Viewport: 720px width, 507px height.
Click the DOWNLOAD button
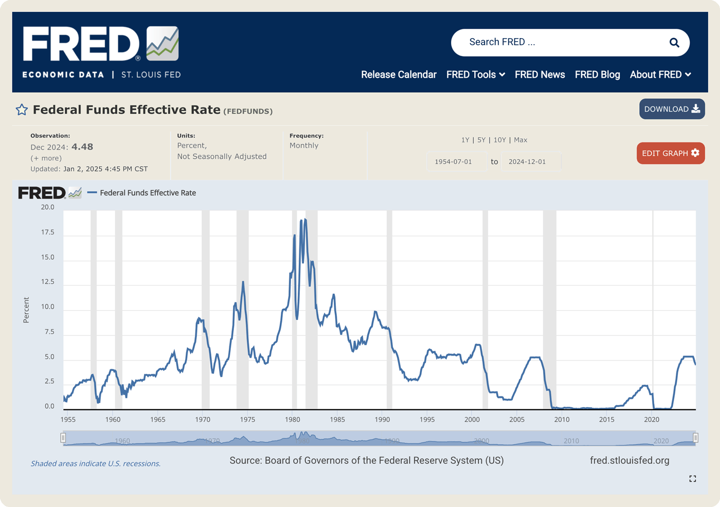click(x=672, y=109)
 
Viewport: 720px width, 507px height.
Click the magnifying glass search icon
click(x=674, y=43)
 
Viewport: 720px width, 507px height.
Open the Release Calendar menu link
click(x=399, y=75)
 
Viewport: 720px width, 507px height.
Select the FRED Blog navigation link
click(x=597, y=75)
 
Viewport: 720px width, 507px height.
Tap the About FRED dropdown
click(x=660, y=75)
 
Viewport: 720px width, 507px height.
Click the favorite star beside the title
click(x=22, y=110)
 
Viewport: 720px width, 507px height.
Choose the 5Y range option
click(x=481, y=140)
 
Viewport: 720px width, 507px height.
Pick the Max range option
click(x=520, y=140)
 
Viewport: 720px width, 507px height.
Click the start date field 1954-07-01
click(x=453, y=161)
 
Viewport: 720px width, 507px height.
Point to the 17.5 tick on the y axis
click(x=48, y=232)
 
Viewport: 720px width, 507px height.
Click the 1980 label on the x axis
click(x=293, y=420)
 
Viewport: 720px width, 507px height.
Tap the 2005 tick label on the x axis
click(x=517, y=420)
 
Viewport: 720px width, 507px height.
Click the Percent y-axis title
click(x=26, y=310)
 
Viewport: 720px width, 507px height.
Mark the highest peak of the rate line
click(x=305, y=220)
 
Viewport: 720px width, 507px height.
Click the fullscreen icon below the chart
click(x=693, y=479)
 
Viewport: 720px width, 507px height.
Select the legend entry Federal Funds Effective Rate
click(x=148, y=193)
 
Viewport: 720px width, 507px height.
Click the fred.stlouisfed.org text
click(x=629, y=460)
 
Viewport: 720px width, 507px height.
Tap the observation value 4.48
click(x=82, y=147)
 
